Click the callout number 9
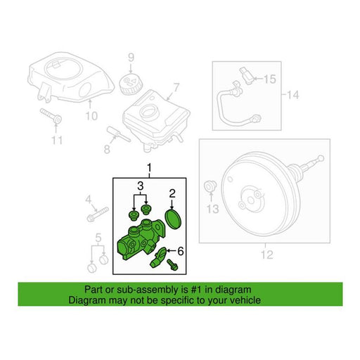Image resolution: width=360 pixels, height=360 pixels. pos(131,58)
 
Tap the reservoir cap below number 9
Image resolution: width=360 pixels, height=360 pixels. pos(130,83)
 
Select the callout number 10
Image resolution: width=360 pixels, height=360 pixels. pos(91,116)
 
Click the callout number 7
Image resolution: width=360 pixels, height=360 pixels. pos(176,87)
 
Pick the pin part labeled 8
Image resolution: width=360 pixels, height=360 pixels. pos(118,134)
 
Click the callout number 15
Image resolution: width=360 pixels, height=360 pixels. pos(270,79)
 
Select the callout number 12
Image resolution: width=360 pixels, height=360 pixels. pos(267,255)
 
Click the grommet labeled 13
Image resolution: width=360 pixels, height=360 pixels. pos(210,186)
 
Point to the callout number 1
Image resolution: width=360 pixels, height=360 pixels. pos(149,168)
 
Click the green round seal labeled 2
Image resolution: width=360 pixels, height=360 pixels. pos(174,219)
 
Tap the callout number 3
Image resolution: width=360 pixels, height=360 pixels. pos(140,186)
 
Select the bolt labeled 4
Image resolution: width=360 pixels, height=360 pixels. pos(98,214)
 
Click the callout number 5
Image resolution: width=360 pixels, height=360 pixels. pos(98,238)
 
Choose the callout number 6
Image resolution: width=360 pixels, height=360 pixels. pos(181,252)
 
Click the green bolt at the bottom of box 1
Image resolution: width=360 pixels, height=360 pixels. pos(172,265)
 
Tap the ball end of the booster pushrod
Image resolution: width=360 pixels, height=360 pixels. pos(321,158)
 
